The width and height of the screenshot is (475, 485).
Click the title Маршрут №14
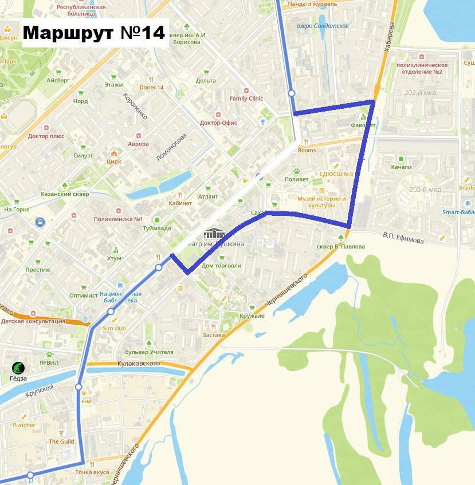tap(94, 32)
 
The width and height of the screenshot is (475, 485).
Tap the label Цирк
tap(114, 161)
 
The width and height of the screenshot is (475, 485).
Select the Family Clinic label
tap(246, 98)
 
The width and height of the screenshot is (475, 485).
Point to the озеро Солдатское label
tap(323, 26)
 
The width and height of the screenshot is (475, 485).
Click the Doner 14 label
tap(152, 87)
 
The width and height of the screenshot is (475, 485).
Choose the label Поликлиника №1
tap(117, 219)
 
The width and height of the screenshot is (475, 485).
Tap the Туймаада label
tap(157, 228)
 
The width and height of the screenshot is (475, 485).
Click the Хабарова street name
tap(390, 37)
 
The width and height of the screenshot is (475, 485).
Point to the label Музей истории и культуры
tap(321, 202)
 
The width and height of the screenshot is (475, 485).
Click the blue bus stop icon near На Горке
tap(40, 222)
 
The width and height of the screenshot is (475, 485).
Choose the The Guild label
tap(61, 441)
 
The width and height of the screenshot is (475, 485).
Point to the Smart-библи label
tap(458, 211)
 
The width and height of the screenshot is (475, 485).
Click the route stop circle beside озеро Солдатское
tap(292, 93)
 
